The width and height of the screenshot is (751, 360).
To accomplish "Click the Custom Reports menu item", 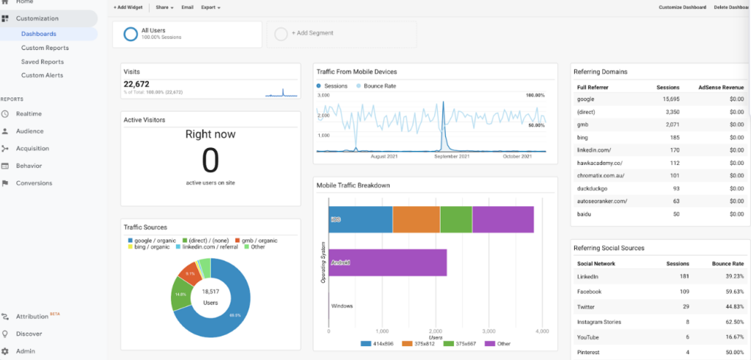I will [x=45, y=48].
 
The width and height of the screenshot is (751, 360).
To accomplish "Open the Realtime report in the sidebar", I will [x=29, y=114].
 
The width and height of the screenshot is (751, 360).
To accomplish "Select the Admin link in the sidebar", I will [x=25, y=351].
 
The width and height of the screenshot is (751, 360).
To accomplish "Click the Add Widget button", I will [x=129, y=7].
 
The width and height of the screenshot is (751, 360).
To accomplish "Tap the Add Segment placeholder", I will [x=312, y=34].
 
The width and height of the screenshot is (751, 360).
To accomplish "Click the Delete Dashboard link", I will [x=731, y=7].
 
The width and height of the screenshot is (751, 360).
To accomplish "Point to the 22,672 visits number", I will [x=137, y=84].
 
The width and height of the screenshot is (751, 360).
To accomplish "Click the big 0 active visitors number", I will [x=210, y=159].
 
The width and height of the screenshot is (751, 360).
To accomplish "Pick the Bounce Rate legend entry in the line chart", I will [x=379, y=86].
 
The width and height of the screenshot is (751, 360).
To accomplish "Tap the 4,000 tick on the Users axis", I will [x=542, y=331].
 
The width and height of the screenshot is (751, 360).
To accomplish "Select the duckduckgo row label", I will [x=593, y=188].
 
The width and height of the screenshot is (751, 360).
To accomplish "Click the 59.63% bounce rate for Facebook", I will [x=732, y=292].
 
